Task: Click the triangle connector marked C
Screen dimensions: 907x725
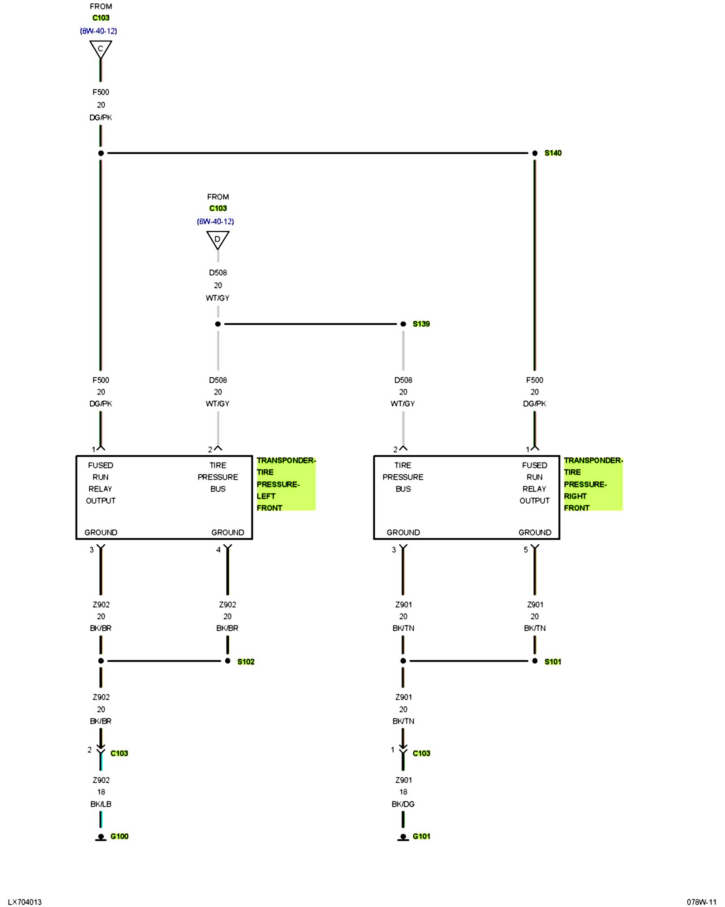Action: (101, 49)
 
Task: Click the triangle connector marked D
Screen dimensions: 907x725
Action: (217, 239)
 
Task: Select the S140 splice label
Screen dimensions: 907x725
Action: (553, 153)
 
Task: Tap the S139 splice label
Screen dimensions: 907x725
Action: (421, 324)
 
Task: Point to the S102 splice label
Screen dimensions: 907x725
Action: (246, 662)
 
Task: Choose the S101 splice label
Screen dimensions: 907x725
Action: (552, 662)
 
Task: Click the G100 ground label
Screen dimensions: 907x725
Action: (119, 836)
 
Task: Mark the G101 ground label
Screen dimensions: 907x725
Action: (421, 836)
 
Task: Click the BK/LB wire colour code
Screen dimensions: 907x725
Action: (101, 804)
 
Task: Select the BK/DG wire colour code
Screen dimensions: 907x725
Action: (403, 804)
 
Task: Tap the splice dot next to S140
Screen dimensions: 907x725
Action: (535, 153)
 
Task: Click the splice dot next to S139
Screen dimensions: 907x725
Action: (403, 324)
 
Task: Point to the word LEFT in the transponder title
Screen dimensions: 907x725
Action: (266, 496)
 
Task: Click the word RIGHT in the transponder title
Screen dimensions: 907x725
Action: (575, 496)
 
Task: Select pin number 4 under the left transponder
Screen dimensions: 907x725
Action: (218, 550)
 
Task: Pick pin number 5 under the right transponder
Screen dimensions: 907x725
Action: (526, 550)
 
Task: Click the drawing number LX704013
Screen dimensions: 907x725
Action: (25, 902)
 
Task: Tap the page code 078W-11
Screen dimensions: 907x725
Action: (701, 902)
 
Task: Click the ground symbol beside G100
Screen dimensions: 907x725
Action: (101, 838)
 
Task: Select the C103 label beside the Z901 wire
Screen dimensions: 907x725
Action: (421, 753)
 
